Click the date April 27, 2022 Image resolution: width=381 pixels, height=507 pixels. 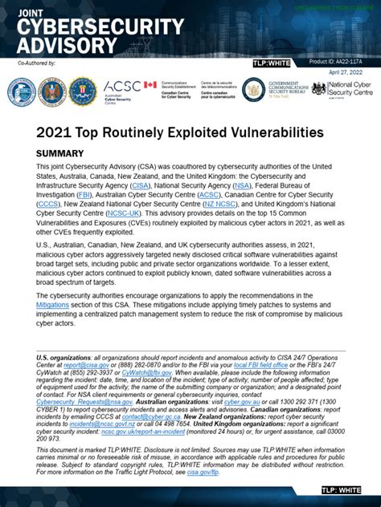[352, 72]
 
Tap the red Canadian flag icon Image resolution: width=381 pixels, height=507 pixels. [150, 84]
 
